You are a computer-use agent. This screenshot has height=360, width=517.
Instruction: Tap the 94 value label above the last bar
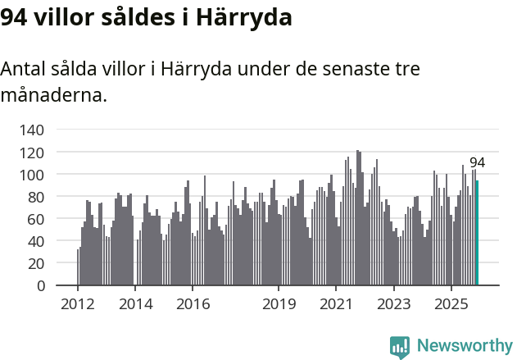[x=477, y=162]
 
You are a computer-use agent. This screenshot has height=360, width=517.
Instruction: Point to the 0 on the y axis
[x=39, y=286]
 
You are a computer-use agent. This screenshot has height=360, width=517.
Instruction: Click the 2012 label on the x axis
[x=78, y=303]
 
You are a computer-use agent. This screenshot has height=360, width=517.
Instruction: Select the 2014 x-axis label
[x=135, y=303]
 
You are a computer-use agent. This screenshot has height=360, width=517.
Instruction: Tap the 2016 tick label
[x=193, y=303]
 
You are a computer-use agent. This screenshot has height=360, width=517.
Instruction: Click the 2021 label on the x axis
[x=336, y=303]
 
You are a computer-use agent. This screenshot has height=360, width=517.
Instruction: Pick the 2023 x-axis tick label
[x=393, y=303]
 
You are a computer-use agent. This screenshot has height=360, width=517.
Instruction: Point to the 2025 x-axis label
[x=451, y=303]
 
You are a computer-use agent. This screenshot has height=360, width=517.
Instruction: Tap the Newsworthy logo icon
[x=400, y=347]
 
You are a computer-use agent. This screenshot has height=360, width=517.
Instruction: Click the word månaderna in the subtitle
[x=53, y=95]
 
